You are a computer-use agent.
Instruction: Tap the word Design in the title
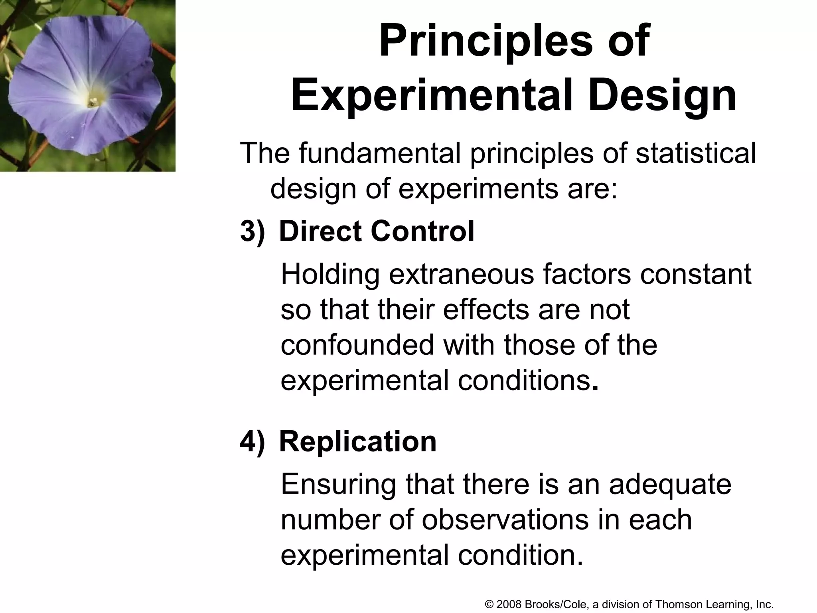(661, 96)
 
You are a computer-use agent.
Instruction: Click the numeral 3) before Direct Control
(252, 231)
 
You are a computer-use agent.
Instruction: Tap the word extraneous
(461, 274)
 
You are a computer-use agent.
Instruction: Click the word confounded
(357, 345)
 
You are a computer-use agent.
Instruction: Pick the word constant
(696, 274)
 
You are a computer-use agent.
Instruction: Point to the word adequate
(670, 484)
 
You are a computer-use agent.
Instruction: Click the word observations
(505, 520)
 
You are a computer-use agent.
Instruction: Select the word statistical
(696, 153)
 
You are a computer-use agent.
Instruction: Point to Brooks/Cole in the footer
(556, 605)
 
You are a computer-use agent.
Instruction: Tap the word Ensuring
(338, 485)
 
